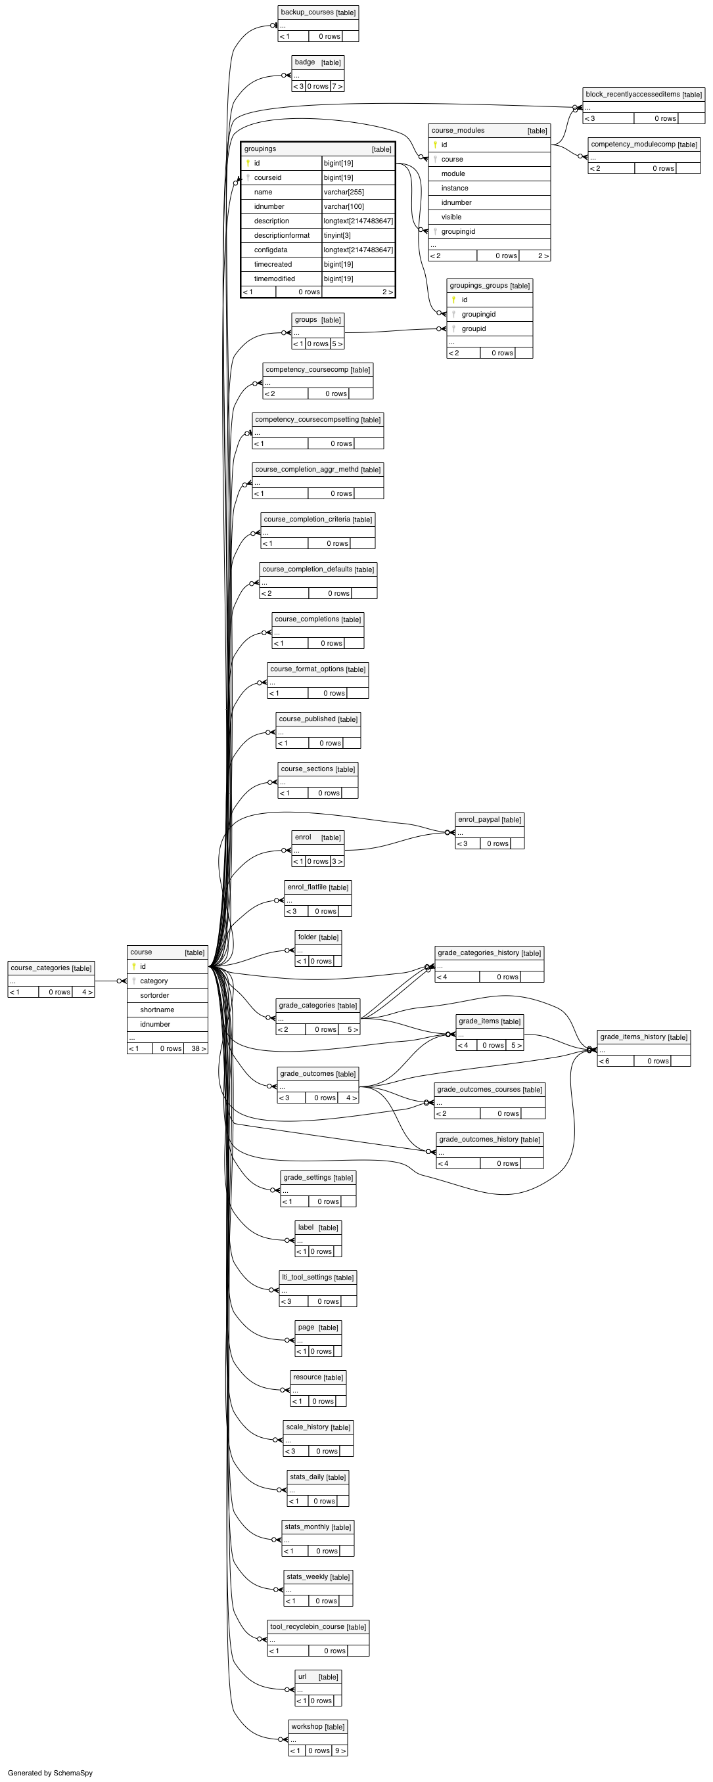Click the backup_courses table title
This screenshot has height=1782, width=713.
308,12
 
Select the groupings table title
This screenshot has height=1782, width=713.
260,148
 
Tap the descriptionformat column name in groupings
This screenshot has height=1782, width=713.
282,235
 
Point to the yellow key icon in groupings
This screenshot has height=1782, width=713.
248,164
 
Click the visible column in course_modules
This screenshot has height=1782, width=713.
451,217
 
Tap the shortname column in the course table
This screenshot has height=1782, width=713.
157,1010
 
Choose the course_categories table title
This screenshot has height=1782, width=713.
40,968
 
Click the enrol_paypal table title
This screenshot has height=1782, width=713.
479,819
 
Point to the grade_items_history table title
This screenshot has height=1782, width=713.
633,1036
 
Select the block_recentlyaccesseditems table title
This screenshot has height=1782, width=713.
633,94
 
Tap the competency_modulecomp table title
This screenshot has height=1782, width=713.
633,144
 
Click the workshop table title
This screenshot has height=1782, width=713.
307,1726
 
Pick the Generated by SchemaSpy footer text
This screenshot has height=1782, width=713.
50,1773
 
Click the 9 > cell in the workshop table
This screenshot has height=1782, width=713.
339,1750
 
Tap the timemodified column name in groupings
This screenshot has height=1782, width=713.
274,278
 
